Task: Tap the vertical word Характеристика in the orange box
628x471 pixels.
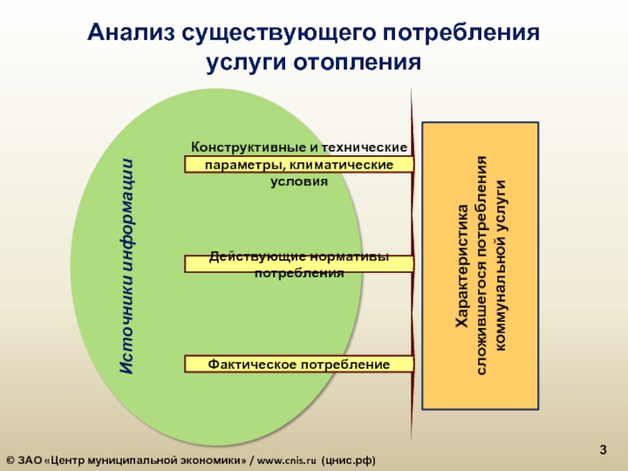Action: pos(463,267)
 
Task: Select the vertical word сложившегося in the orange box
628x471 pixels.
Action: pos(481,314)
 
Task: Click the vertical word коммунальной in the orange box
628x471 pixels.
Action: pos(500,298)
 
